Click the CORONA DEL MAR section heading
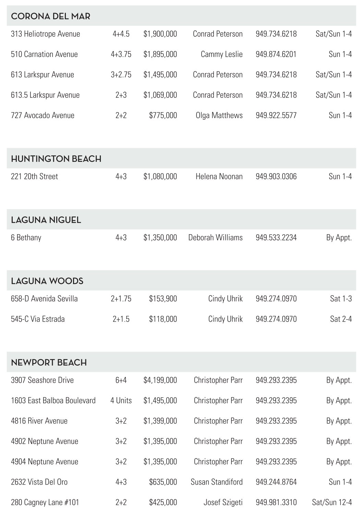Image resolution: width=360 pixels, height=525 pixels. click(x=50, y=16)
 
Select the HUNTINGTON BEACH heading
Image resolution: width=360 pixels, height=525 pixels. click(x=56, y=159)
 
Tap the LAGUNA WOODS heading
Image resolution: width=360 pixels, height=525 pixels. click(x=47, y=281)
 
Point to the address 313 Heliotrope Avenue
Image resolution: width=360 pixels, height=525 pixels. click(x=45, y=34)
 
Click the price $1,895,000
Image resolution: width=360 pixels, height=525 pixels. click(x=160, y=54)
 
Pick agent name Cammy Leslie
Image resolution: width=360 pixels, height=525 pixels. click(x=221, y=54)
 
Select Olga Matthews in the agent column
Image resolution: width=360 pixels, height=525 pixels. click(x=219, y=115)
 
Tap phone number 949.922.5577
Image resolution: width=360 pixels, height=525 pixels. click(x=276, y=115)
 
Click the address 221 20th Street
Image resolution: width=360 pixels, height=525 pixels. click(x=34, y=177)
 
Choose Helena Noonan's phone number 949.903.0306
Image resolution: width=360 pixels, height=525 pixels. click(x=276, y=177)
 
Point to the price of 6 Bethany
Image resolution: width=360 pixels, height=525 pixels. click(x=160, y=238)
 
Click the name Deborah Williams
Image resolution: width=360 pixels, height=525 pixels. click(x=215, y=238)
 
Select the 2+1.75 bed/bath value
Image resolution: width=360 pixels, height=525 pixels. click(x=121, y=299)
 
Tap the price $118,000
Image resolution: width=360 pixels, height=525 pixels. click(x=163, y=319)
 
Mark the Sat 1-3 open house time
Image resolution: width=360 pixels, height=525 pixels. click(x=341, y=299)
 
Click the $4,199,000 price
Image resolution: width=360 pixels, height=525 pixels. click(x=160, y=380)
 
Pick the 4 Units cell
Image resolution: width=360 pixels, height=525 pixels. click(x=121, y=401)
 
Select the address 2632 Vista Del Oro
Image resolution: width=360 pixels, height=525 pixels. click(x=39, y=482)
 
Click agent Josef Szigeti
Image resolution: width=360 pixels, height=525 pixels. click(x=223, y=502)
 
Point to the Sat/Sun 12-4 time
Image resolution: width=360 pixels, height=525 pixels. click(x=332, y=502)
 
